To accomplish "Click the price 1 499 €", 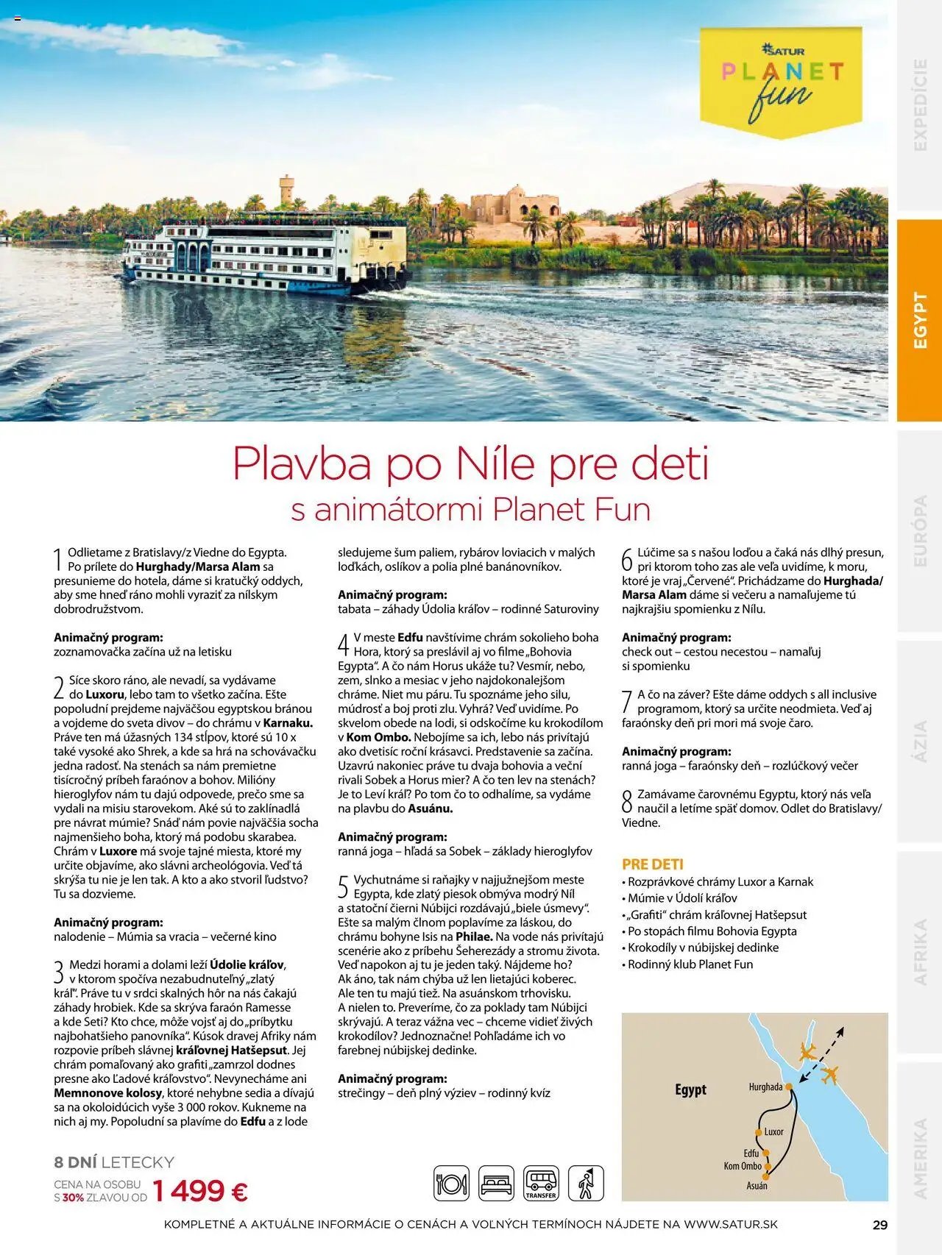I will [x=199, y=1190].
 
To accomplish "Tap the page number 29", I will [x=879, y=1225].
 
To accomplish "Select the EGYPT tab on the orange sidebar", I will [x=919, y=320].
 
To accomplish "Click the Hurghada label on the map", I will [x=765, y=1087].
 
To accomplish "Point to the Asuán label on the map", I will [x=757, y=1185].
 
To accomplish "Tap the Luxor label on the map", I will [x=773, y=1131].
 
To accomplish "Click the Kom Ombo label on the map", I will [x=742, y=1165].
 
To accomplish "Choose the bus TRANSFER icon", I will [x=541, y=1184].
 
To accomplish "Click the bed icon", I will [x=496, y=1184].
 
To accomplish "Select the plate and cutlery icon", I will [x=451, y=1184].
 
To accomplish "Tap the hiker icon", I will [x=586, y=1184].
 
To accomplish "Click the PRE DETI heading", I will [x=652, y=864].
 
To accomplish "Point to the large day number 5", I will [x=343, y=887].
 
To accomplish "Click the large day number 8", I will [x=627, y=802].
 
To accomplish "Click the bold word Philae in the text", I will [x=474, y=936].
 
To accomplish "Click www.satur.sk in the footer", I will [x=730, y=1225].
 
